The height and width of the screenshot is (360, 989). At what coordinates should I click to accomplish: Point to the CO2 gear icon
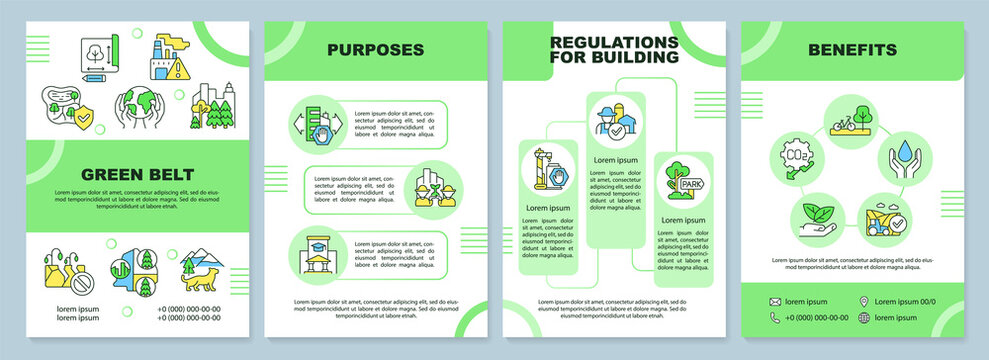(793, 160)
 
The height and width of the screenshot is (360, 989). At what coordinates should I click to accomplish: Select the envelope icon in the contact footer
(775, 301)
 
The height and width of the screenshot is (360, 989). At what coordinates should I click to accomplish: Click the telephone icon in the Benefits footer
(775, 318)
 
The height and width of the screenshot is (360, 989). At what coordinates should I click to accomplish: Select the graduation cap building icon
(314, 255)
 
